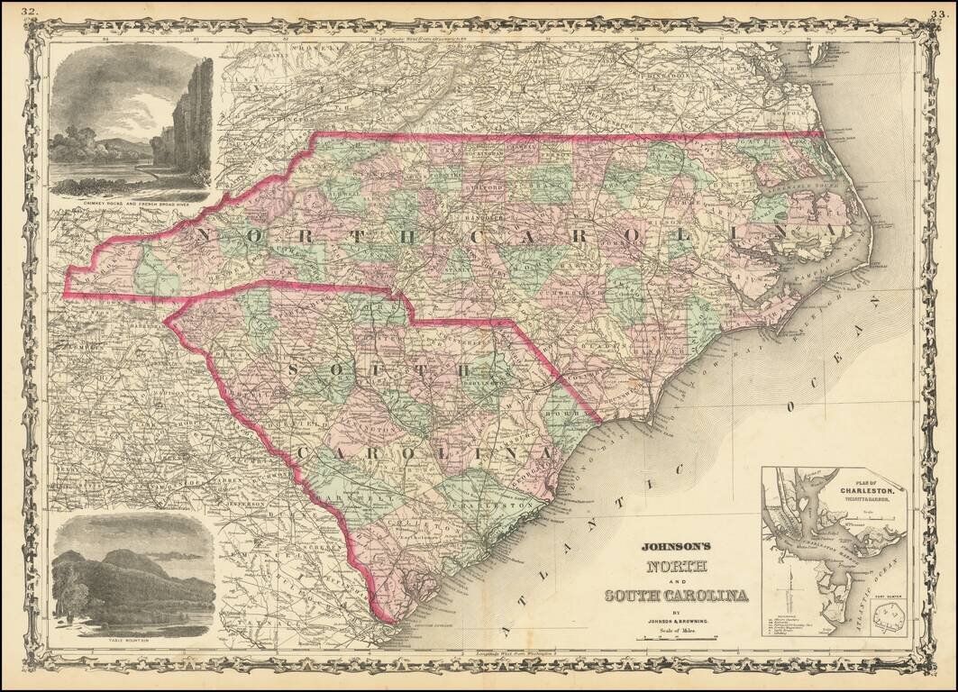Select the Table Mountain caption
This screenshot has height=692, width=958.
(132, 642)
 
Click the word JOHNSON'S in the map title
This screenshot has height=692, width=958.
(676, 545)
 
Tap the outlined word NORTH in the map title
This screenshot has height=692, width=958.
(675, 568)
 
